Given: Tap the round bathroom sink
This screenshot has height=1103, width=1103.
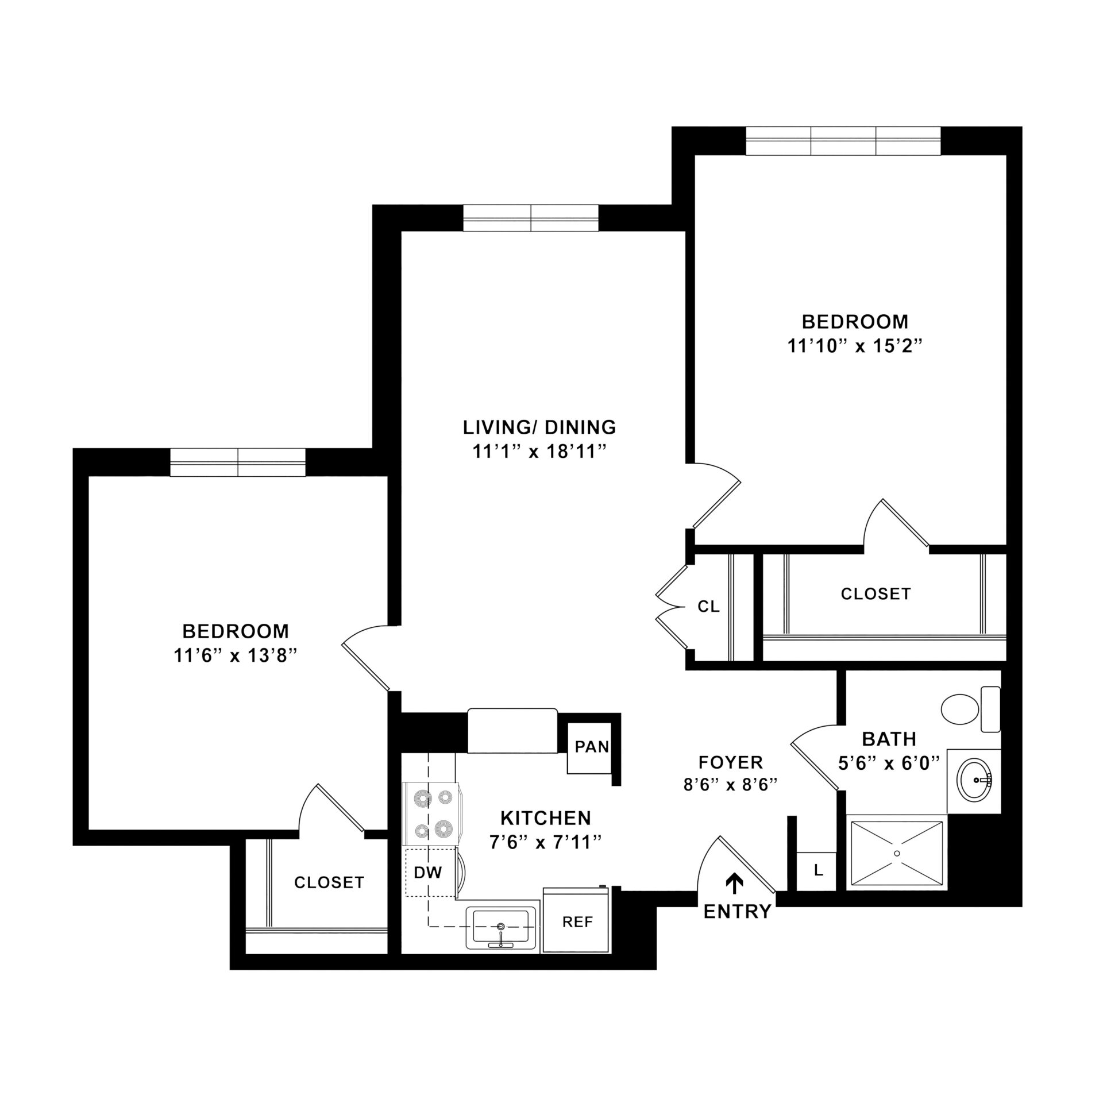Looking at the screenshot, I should coord(974,780).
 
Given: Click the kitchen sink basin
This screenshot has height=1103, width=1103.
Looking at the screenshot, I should coord(500,927).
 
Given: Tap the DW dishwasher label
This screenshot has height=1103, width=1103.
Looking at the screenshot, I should coord(428,873).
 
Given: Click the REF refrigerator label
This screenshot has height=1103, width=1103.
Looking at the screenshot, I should coord(577,922).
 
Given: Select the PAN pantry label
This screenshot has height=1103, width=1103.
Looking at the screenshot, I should coord(592,747).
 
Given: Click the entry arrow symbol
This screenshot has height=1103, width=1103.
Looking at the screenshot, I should coord(734,883).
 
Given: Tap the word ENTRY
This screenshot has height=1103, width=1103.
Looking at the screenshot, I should coord(737,912).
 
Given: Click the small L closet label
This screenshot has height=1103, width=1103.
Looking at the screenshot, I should coord(819,870).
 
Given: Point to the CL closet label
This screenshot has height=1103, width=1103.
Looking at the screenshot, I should coord(708,607).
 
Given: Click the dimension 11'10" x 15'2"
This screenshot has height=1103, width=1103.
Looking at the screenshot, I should coord(855,346).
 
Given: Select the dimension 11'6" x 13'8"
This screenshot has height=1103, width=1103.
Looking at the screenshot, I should coord(235,655).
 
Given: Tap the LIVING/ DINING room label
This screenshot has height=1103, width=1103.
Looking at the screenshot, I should coord(539,427).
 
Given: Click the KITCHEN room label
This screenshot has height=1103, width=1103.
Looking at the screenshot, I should coord(545,817).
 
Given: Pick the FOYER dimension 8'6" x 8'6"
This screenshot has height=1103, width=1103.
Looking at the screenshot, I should coord(730,785).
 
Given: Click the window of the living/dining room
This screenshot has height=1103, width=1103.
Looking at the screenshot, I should coord(530,218).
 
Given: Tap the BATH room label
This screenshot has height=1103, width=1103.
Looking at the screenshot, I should coord(889,739).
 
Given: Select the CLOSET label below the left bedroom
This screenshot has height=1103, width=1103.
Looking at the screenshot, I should coord(329,882).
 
